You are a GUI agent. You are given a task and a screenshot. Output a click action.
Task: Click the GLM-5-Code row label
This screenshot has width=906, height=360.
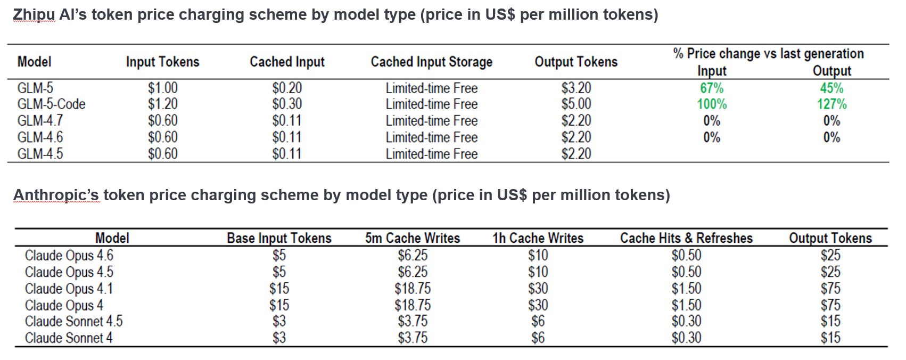(x=51, y=104)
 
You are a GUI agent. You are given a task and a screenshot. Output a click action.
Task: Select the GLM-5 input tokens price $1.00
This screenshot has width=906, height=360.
(x=162, y=88)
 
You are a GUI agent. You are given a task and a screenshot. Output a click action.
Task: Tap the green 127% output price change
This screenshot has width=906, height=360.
(x=831, y=104)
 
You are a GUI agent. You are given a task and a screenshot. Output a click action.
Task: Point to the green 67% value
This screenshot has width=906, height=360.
(x=712, y=88)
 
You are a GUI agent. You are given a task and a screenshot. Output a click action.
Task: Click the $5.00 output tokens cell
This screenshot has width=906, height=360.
(x=576, y=104)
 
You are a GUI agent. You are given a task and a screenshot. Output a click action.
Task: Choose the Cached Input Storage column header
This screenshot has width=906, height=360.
(x=431, y=62)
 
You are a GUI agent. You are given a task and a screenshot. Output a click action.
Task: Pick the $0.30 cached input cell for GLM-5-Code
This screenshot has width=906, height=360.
(x=287, y=104)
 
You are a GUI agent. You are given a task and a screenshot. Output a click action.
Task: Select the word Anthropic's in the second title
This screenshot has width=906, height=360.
(x=56, y=195)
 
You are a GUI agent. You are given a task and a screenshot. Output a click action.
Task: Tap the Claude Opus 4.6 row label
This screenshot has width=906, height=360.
(x=69, y=256)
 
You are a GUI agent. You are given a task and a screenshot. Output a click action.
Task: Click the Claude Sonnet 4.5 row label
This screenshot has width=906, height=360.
(x=73, y=322)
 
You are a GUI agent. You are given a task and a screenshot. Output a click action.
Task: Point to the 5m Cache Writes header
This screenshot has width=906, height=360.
(x=413, y=238)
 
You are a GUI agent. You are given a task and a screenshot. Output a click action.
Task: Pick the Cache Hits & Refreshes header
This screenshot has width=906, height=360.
(x=686, y=238)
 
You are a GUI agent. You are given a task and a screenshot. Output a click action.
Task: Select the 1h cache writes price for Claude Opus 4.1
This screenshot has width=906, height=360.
(x=538, y=289)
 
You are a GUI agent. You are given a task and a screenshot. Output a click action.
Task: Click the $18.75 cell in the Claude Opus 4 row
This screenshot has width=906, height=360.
(x=413, y=305)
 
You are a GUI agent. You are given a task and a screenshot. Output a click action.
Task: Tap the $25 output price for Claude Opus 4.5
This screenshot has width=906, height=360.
(x=830, y=272)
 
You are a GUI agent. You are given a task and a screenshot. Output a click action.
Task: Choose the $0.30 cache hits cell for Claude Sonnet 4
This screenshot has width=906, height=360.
(x=686, y=338)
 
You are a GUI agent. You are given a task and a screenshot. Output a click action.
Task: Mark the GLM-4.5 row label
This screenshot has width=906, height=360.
(x=40, y=154)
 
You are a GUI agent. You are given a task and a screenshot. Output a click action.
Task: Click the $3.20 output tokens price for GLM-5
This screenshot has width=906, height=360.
(x=576, y=88)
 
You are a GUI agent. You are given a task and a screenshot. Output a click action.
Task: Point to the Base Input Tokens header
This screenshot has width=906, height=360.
(x=279, y=238)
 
